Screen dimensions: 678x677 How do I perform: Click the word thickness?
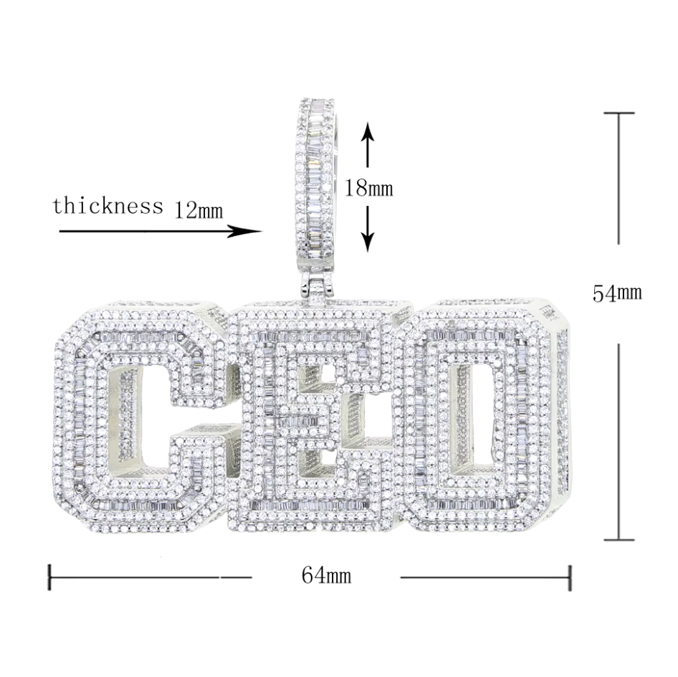(x=108, y=206)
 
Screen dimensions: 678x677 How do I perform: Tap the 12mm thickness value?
(x=199, y=210)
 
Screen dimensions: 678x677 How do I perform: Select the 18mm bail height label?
(x=368, y=188)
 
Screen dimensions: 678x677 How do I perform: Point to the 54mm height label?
(x=617, y=293)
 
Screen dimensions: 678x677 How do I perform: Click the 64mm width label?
(x=326, y=575)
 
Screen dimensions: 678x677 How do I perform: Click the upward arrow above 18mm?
(x=368, y=144)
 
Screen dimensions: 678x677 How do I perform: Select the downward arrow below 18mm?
(x=368, y=229)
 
